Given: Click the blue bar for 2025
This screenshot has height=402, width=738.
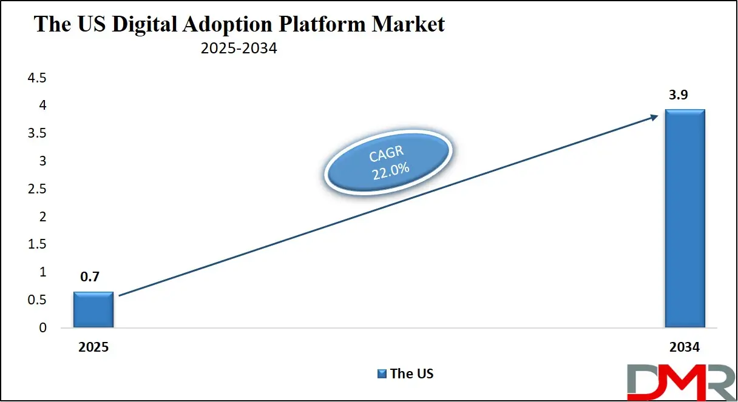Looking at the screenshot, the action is [93, 309].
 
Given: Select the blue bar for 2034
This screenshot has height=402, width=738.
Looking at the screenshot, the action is [685, 218].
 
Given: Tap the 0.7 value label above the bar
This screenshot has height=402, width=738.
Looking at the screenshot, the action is [90, 276].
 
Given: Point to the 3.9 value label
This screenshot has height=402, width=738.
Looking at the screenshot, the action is [679, 95].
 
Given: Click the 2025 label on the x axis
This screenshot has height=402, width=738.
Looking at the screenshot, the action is [93, 347].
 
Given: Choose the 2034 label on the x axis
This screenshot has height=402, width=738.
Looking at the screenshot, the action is [685, 347].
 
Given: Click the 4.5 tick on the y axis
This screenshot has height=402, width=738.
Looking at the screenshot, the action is [37, 78].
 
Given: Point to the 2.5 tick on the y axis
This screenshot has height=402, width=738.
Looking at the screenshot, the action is [37, 189].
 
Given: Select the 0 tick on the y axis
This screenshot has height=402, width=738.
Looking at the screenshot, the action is [43, 327].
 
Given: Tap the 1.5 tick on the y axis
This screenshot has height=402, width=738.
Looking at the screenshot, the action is [37, 244].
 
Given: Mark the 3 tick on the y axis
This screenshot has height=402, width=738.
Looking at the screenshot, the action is [43, 161].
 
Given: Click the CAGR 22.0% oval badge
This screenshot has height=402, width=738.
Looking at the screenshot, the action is [388, 162].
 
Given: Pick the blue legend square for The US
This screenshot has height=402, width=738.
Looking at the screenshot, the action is [382, 374].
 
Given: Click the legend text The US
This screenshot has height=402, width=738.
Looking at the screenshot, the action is [412, 374].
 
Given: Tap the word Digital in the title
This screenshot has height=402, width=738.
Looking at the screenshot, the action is [144, 25].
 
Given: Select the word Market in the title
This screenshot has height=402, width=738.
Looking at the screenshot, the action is [408, 24].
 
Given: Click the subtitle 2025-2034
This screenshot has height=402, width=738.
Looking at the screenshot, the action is [239, 48].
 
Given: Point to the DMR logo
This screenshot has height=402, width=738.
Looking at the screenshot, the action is [682, 382].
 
